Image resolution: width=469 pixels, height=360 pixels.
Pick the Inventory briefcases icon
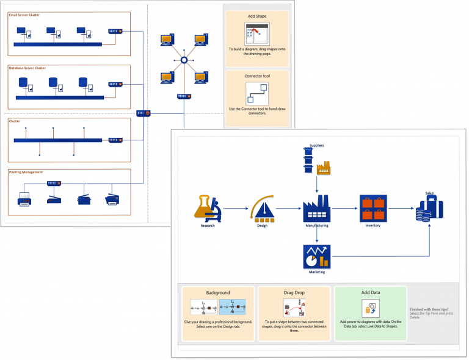(373, 208)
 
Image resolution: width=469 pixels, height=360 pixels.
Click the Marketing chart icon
(316, 256)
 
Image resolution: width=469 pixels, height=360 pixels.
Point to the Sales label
(429, 193)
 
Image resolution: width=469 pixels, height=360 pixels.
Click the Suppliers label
(316, 146)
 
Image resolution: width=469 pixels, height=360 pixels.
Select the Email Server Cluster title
(24, 15)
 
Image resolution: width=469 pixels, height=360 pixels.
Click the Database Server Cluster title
(27, 68)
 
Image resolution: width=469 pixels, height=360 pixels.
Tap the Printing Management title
(26, 172)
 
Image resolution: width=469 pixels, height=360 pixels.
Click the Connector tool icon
(256, 93)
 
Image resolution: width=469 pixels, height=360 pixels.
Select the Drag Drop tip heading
(294, 292)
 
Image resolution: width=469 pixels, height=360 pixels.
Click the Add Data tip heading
(370, 292)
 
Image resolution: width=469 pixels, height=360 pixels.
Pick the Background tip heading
(217, 292)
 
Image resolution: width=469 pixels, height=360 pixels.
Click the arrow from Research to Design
(235, 209)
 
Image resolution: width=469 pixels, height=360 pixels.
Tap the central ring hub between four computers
(183, 60)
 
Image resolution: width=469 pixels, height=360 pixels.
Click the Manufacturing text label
(316, 226)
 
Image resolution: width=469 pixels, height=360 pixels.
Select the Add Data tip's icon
(370, 306)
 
